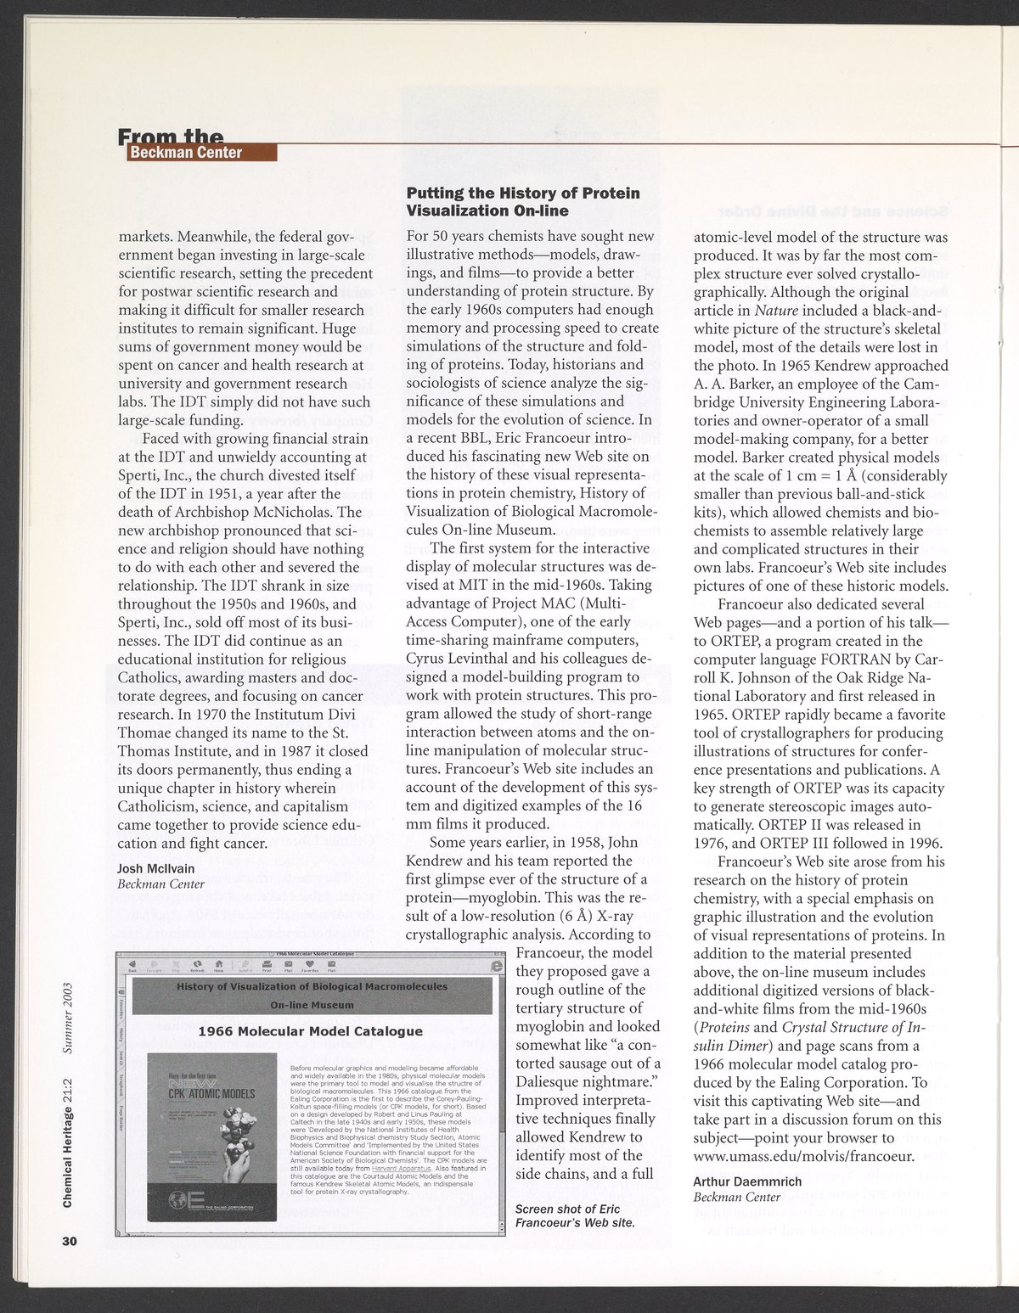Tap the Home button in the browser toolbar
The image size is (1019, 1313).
[x=218, y=964]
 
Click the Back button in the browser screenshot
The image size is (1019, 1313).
[x=132, y=964]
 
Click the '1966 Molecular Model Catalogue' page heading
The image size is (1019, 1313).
[x=310, y=1031]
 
